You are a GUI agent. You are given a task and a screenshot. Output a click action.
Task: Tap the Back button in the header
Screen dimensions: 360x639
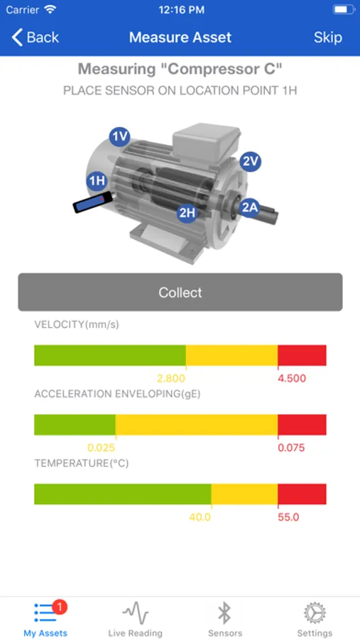36,38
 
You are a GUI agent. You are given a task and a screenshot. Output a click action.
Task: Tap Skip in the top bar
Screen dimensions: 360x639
328,38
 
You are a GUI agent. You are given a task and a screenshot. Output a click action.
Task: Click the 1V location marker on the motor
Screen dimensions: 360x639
120,137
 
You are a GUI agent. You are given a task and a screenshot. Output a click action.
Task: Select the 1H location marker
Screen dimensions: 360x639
97,181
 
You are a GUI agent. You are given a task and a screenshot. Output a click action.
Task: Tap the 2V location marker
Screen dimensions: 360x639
251,162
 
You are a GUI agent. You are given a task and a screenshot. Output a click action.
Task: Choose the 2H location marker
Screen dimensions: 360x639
187,213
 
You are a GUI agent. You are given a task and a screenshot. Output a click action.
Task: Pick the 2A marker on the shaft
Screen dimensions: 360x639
249,207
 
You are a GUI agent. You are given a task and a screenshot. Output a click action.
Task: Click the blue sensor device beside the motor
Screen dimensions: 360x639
92,202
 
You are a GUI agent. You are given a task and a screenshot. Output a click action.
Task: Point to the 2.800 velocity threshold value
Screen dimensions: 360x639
171,378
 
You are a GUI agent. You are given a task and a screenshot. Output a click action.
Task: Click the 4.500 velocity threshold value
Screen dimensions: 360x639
292,378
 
